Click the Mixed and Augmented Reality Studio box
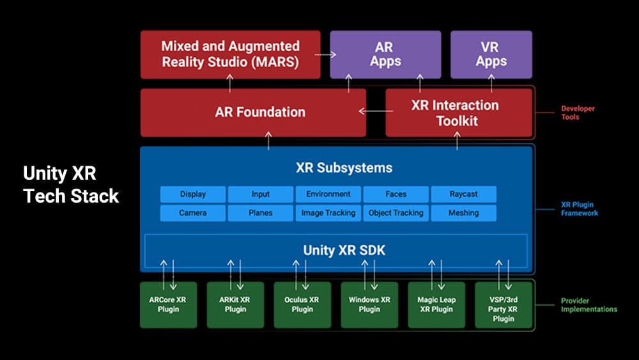pos(231,54)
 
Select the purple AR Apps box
pos(385,54)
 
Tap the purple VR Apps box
pos(491,54)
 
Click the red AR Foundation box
pos(253,113)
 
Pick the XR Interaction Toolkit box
pos(458,113)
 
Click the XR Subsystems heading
pos(344,168)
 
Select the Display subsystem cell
pos(193,194)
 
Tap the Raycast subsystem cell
pos(463,194)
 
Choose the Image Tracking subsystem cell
pos(328,213)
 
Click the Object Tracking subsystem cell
pos(396,213)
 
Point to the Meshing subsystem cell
pos(463,213)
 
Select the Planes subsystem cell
pos(260,213)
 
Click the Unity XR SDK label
pos(344,251)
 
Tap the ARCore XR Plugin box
pos(169,305)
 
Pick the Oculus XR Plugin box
pos(302,305)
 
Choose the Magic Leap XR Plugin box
pos(436,305)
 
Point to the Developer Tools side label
pos(578,113)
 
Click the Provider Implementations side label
pos(589,305)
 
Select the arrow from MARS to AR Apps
pos(326,55)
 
